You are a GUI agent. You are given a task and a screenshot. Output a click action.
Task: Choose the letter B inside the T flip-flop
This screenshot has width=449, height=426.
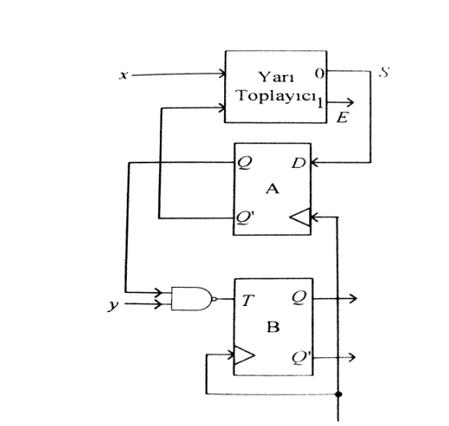pos(273,329)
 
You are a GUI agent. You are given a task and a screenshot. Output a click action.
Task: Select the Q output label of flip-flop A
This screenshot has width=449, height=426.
pos(247,161)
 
